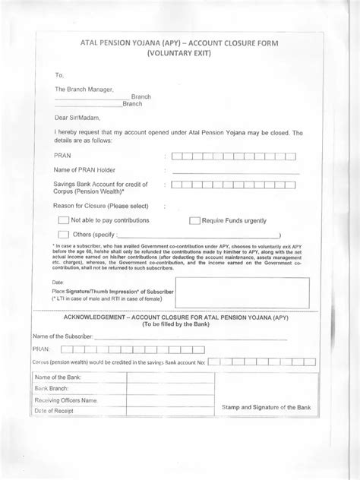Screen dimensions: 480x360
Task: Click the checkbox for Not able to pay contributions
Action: pyautogui.click(x=64, y=220)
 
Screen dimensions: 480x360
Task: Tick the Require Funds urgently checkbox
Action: pyautogui.click(x=194, y=220)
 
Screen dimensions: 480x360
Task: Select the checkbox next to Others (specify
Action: pyautogui.click(x=64, y=235)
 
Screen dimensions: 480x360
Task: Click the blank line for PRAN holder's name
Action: pyautogui.click(x=235, y=172)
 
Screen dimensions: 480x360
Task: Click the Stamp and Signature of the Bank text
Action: pyautogui.click(x=267, y=408)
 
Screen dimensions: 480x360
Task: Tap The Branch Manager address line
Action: pyautogui.click(x=84, y=89)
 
